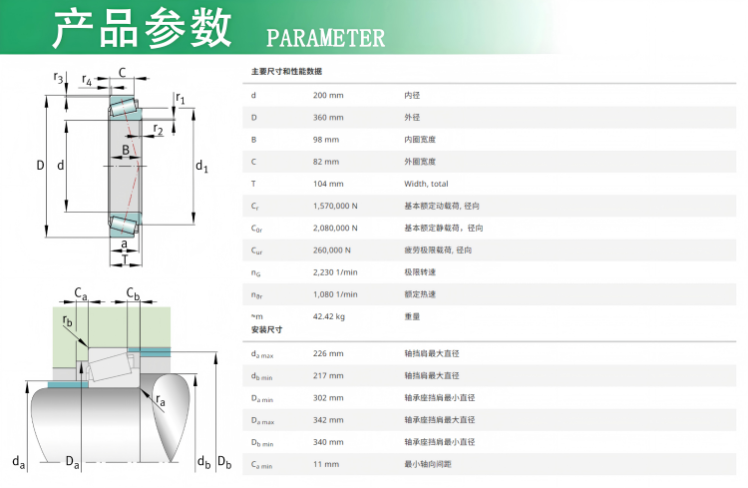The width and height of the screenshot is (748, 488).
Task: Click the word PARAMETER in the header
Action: pos(326,38)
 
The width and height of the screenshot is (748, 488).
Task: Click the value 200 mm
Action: pos(328,95)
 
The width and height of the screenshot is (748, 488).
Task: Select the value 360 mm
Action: pos(328,117)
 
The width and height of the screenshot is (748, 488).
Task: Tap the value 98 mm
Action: pos(326,139)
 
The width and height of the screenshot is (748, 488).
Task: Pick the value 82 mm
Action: pos(326,161)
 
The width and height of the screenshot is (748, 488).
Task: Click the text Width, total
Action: pos(426,184)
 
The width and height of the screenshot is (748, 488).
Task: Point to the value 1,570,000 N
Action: pos(335,206)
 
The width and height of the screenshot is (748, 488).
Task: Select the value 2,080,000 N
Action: pos(335,228)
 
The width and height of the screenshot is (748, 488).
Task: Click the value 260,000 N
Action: pos(333,249)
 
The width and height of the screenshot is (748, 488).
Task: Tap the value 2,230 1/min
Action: pos(335,272)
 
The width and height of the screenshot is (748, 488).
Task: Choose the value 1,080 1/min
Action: pos(335,294)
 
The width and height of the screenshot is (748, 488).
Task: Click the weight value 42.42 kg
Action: pos(329,316)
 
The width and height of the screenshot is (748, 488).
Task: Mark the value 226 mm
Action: pos(328,353)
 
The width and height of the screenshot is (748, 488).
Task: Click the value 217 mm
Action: pos(328,375)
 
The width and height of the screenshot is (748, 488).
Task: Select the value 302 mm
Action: pos(328,397)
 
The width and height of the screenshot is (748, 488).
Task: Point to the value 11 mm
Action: pos(326,464)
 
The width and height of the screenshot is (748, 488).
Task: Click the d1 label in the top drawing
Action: pos(201,167)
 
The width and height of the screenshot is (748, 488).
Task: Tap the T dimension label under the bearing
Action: pos(125,260)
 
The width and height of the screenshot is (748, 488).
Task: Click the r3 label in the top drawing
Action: pos(59,78)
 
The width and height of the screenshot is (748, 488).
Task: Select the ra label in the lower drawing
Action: pos(160,399)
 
